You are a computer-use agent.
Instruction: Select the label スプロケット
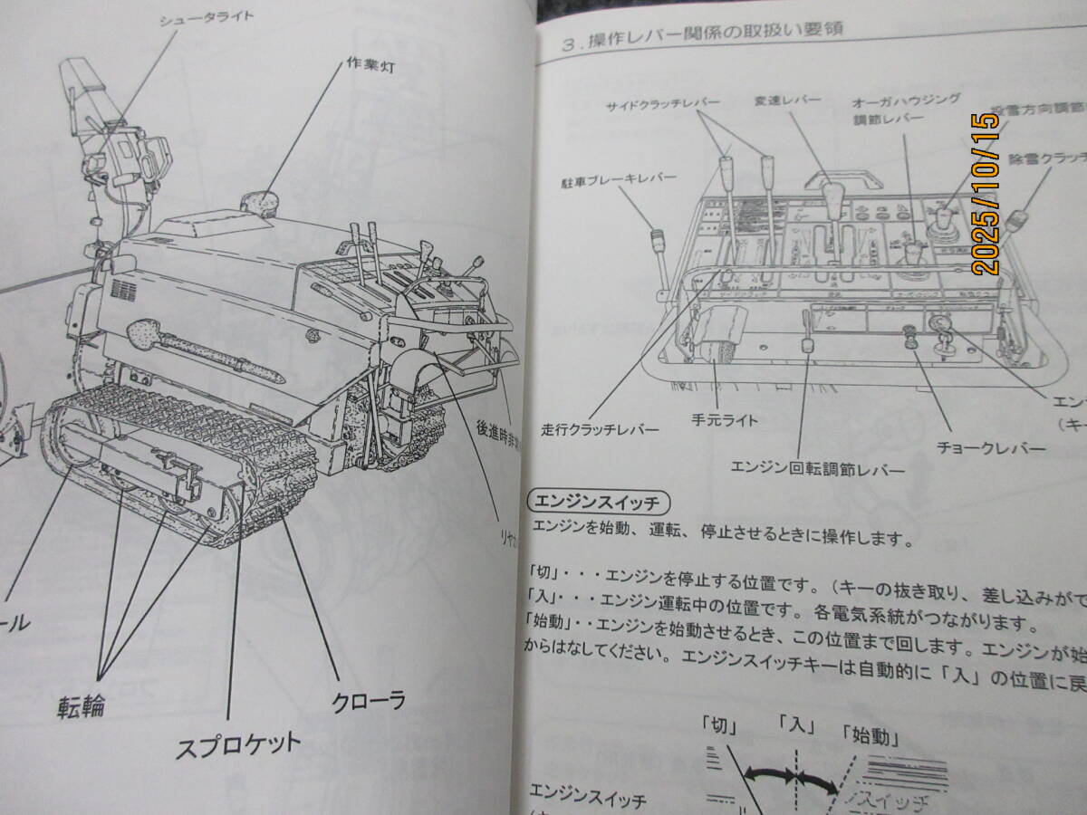click(237, 745)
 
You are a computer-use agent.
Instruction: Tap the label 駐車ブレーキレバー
click(618, 180)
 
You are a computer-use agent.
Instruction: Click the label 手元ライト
click(724, 420)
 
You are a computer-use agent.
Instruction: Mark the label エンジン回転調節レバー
click(817, 469)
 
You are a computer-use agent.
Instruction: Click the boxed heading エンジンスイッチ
click(596, 502)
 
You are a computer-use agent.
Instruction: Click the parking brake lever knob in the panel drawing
click(656, 240)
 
